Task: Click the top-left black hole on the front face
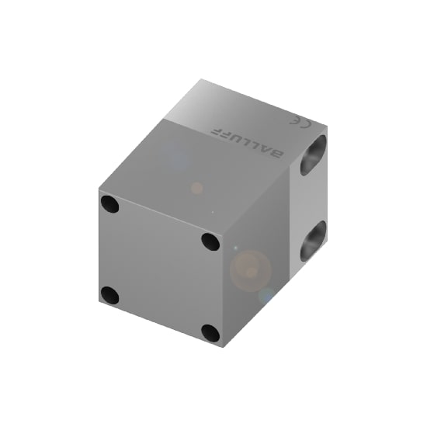[x=109, y=205]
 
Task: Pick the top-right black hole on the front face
[x=210, y=241]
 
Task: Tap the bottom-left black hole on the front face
[x=110, y=295]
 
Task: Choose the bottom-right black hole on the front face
[x=210, y=333]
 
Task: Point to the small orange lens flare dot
[x=197, y=188]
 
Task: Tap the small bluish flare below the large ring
[x=266, y=297]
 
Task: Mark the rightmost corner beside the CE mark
[x=328, y=128]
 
